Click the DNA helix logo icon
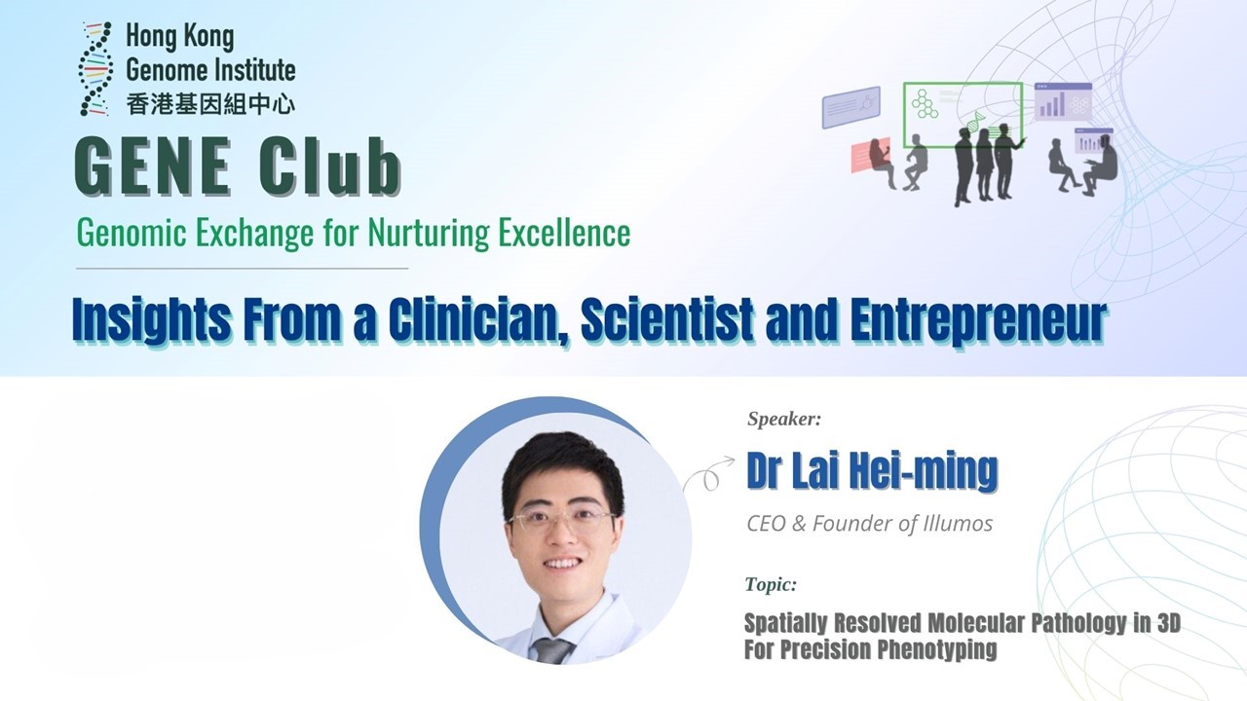coord(95,69)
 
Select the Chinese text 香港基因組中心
coord(210,104)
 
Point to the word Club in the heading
coord(329,166)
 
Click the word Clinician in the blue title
coord(478,320)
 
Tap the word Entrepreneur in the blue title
coord(977,320)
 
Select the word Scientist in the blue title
coord(668,320)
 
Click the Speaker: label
coord(784,419)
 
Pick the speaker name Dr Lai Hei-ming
coord(872,471)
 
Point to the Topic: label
coord(771,584)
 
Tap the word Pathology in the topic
coord(1079,624)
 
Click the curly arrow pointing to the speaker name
coord(708,474)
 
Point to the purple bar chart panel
coord(1063,102)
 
